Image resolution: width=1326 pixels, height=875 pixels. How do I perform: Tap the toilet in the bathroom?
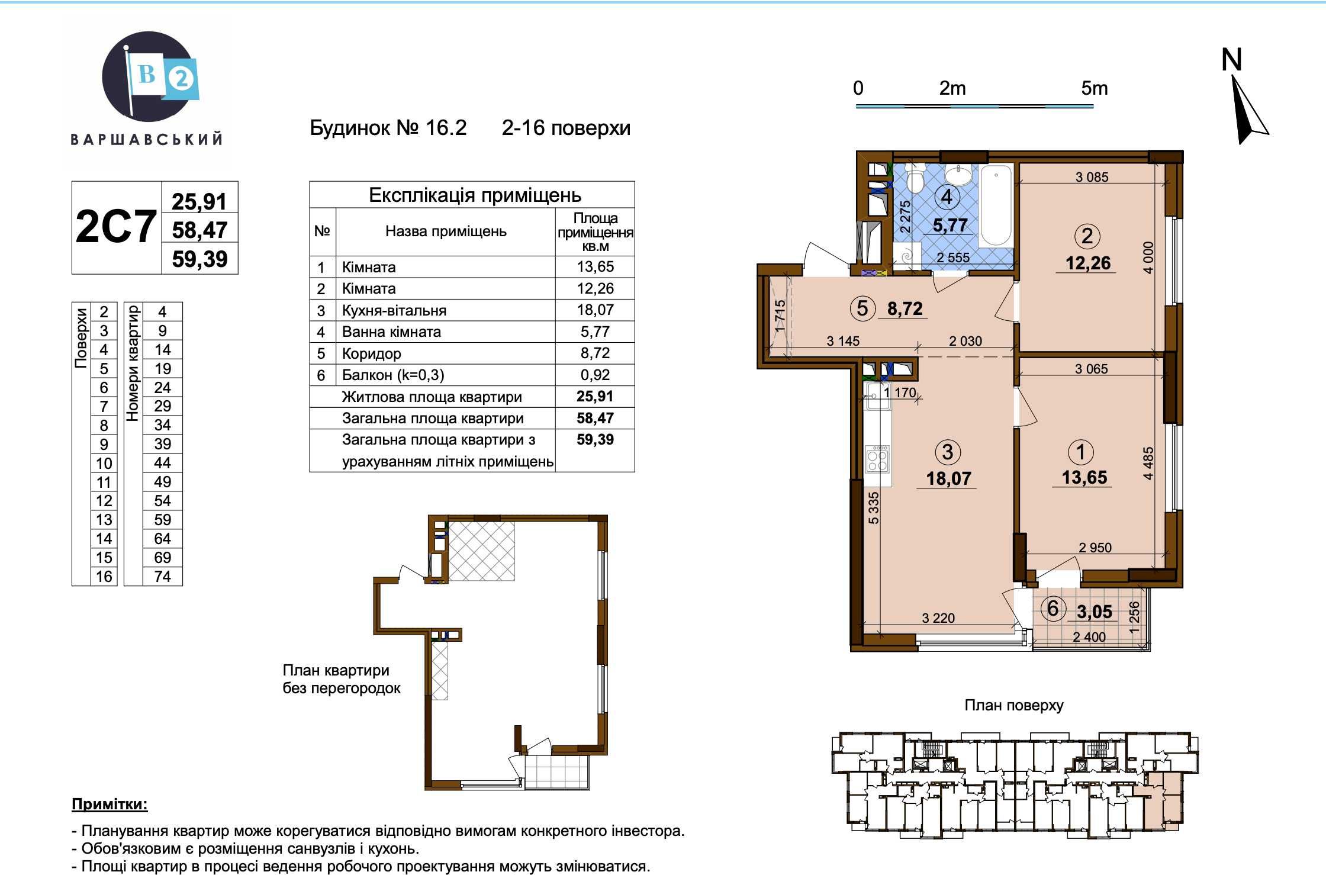tap(915, 177)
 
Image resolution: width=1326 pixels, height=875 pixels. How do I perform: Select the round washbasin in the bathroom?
tap(957, 175)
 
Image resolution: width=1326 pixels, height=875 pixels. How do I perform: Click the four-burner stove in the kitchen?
tap(877, 459)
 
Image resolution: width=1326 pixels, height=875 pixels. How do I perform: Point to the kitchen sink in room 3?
tap(877, 396)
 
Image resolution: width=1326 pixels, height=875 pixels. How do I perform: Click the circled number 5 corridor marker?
tap(862, 308)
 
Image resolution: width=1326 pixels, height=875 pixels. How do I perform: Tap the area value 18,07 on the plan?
tap(948, 478)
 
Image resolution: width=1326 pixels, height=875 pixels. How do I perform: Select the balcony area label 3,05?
tap(1095, 612)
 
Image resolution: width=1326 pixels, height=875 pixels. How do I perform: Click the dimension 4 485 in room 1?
tap(1148, 464)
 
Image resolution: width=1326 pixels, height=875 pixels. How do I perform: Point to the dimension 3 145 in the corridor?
tap(843, 341)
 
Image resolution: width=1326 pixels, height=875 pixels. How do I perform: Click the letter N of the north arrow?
tap(1231, 60)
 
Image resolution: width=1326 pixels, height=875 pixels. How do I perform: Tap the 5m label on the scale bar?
tap(1094, 88)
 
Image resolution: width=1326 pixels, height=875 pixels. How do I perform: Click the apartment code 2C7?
tap(116, 227)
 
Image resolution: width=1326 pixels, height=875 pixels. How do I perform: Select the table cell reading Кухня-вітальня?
tap(394, 310)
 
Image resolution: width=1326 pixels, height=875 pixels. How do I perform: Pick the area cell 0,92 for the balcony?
tap(595, 375)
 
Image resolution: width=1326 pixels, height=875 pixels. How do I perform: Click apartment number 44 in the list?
tap(162, 463)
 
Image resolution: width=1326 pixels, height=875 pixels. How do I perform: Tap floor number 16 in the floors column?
tap(104, 577)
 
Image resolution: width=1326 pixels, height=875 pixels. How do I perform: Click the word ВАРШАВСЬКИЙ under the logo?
tap(147, 140)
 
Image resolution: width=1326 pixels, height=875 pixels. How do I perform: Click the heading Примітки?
tap(110, 805)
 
